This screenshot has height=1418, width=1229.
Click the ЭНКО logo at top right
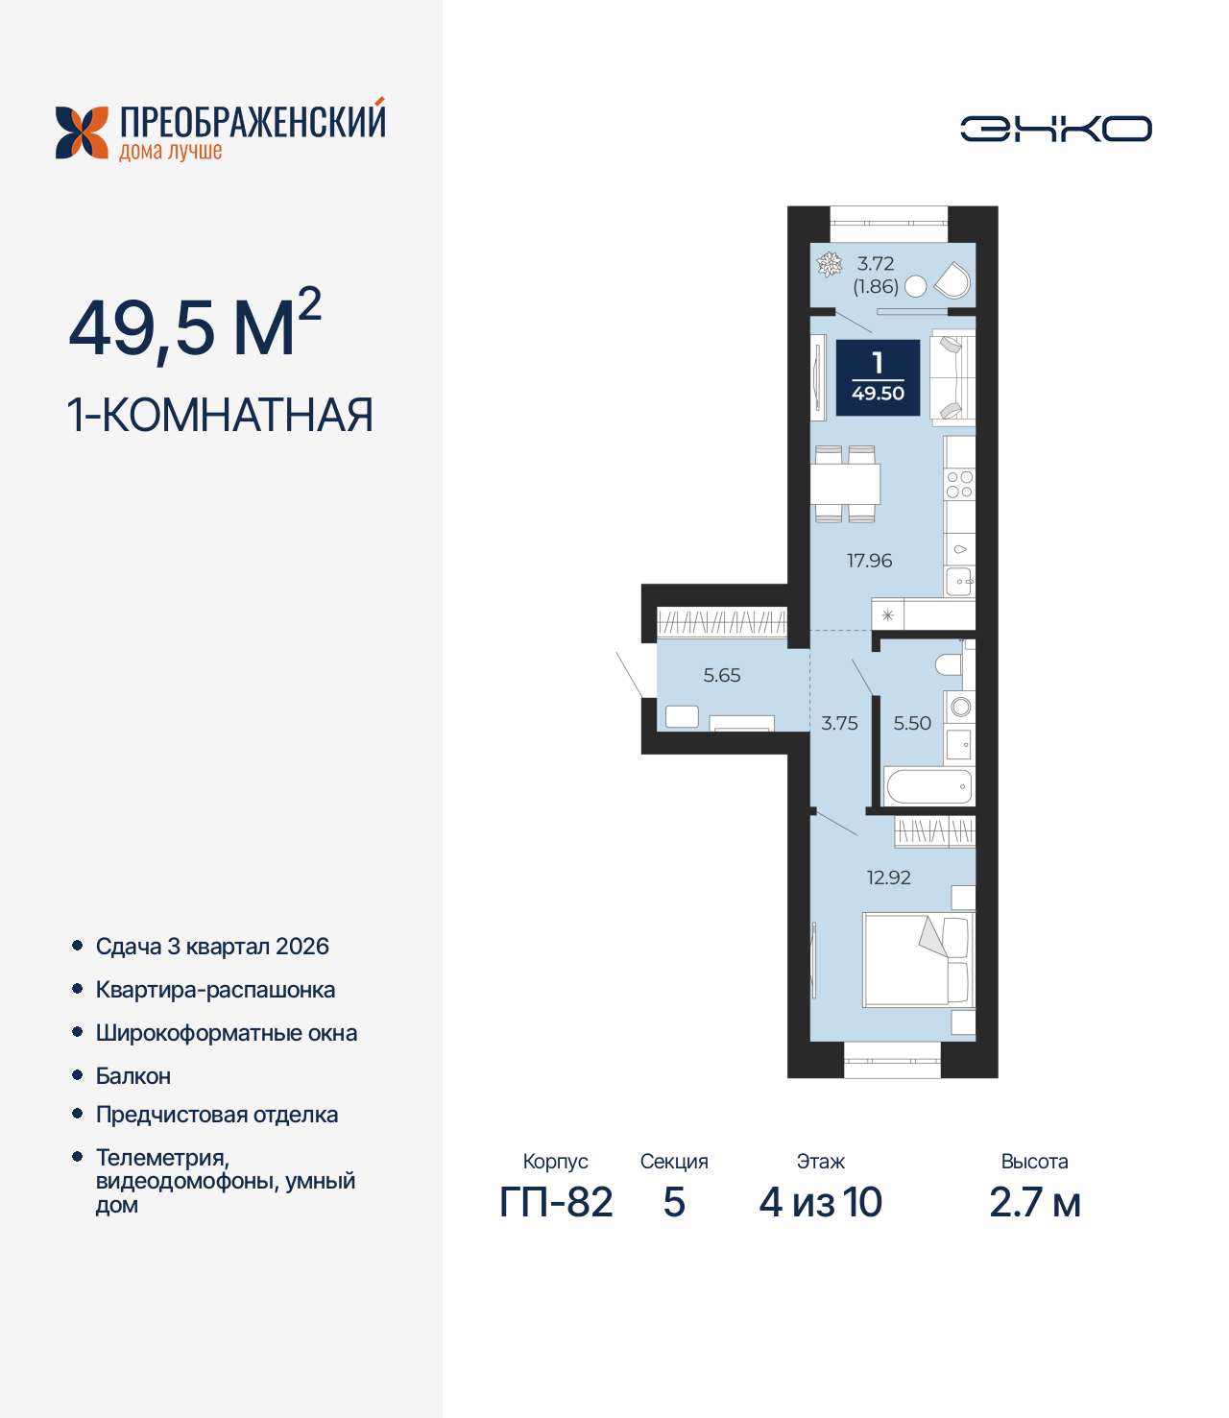point(1055,129)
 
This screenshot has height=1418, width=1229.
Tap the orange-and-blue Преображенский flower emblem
point(82,132)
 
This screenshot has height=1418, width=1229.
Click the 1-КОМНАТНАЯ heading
point(220,416)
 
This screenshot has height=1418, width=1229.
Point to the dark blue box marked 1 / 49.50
point(878,378)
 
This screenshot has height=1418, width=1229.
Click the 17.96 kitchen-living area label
point(869,561)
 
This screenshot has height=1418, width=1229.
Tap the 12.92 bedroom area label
point(888,877)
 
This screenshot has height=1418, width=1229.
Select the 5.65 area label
point(722,675)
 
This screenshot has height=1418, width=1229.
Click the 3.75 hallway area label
point(839,723)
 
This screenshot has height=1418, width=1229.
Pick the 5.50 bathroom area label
point(912,723)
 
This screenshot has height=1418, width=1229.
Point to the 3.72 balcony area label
point(876,263)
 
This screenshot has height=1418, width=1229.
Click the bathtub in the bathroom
point(928,787)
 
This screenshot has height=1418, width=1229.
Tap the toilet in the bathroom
point(949,664)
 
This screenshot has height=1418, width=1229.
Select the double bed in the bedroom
point(918,959)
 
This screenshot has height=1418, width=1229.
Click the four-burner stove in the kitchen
point(959,485)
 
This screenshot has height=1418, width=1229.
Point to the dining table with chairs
point(845,484)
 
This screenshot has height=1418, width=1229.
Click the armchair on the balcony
point(952,280)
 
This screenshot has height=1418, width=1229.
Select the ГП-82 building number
point(556,1202)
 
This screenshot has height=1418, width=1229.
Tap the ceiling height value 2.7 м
point(1034,1202)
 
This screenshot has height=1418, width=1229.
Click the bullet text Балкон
point(133,1076)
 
